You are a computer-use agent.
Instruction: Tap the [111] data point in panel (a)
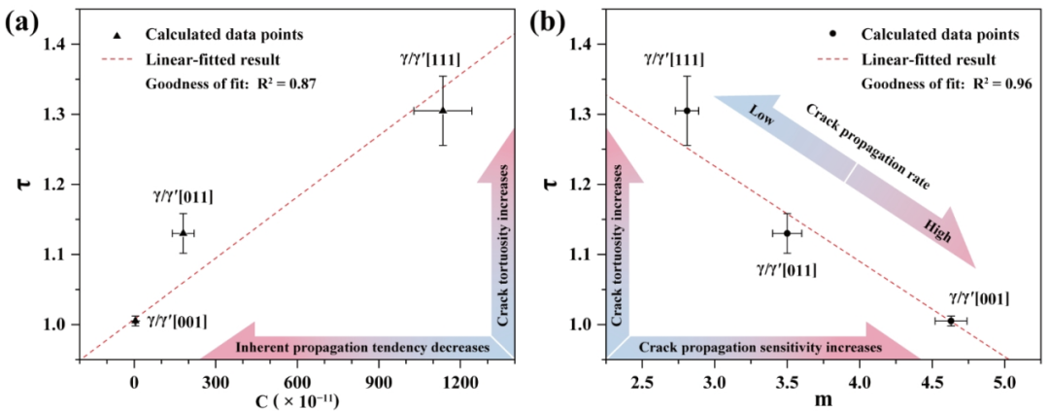pos(442,110)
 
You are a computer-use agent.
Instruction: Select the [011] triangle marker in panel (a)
pos(183,232)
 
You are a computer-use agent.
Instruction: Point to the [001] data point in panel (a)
pos(135,321)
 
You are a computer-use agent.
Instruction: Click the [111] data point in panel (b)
pos(687,111)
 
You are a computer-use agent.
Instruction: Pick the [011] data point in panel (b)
pos(787,233)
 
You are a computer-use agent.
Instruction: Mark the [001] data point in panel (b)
pos(951,321)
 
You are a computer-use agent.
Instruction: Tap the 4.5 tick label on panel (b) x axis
pos(931,383)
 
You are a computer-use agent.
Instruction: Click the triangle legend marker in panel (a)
pos(118,35)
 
